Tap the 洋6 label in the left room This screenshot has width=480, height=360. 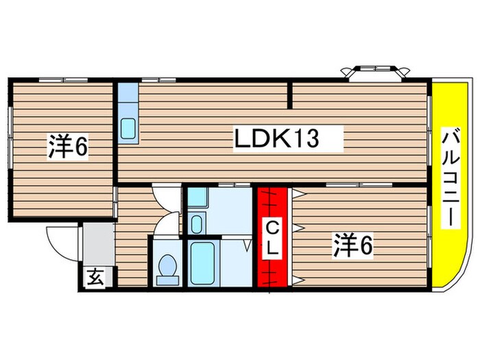tap(68, 146)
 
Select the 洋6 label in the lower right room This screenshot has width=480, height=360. tap(353, 245)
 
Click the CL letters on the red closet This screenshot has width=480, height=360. tap(272, 238)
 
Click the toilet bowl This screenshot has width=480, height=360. tap(167, 268)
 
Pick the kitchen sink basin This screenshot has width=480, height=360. tap(128, 128)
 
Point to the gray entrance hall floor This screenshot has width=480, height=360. tap(95, 244)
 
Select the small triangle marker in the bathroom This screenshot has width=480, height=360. tap(248, 243)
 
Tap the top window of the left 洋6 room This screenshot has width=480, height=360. tap(58, 80)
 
